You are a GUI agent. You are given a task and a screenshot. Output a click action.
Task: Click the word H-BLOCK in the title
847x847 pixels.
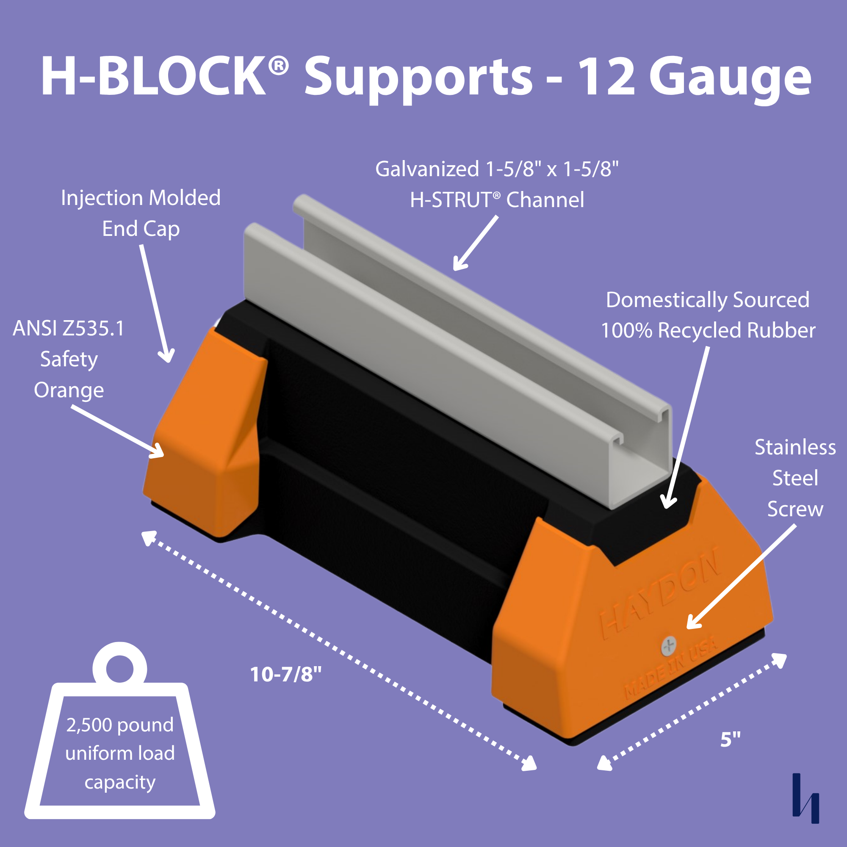coord(153,75)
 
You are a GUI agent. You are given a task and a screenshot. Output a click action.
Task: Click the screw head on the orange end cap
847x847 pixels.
coord(669,646)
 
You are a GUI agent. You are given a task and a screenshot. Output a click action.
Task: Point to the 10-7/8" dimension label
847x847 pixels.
coord(285,674)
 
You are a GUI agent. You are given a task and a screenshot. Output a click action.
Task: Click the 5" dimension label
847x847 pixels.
coord(731,739)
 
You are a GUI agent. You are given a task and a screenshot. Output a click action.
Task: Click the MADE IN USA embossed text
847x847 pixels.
coord(671,669)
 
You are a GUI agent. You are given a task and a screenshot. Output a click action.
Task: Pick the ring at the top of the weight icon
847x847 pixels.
coord(120,668)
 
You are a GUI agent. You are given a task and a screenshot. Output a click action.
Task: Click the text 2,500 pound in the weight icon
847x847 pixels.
coord(120,725)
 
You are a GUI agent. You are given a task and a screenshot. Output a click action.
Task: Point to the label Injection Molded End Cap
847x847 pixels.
coord(141,213)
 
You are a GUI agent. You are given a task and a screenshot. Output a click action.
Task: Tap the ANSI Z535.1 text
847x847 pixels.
coord(69,328)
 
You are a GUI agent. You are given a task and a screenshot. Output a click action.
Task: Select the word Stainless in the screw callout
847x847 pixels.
coord(795,448)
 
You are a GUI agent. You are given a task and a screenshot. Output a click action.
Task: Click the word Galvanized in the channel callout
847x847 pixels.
coord(427,169)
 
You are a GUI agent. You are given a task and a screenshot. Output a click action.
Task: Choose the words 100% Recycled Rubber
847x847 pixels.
coord(708,331)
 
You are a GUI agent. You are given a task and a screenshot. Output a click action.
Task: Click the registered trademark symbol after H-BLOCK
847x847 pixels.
coord(278,66)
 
